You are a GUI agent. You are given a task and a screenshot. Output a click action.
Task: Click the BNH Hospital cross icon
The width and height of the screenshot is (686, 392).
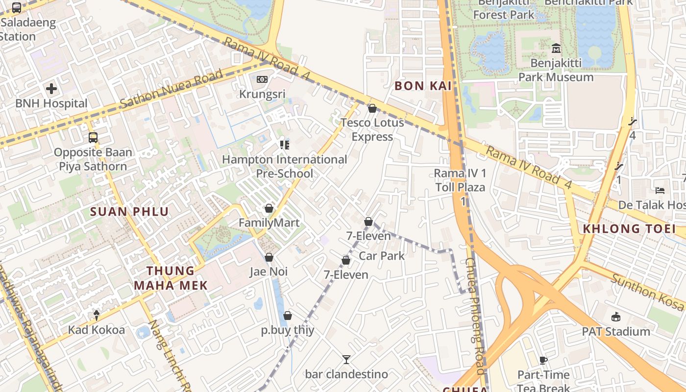pos(51,89)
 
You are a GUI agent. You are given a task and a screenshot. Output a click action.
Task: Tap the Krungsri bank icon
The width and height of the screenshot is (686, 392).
pos(262,79)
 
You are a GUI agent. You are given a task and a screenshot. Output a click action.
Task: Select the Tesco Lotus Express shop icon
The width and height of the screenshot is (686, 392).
pos(372,108)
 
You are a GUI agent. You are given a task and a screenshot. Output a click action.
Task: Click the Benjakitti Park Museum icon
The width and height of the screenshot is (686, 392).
pos(556,49)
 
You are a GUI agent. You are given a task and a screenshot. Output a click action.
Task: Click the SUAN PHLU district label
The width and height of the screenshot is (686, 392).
pos(130,212)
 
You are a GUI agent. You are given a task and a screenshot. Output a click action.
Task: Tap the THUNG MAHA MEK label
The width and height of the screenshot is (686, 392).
pos(171,278)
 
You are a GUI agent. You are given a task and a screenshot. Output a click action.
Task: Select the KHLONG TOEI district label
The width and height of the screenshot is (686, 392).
pos(629,228)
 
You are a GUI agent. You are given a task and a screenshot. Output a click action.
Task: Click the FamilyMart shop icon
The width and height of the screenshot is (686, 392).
pos(269,208)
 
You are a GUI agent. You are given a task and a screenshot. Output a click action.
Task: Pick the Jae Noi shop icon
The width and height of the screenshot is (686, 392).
pos(269,257)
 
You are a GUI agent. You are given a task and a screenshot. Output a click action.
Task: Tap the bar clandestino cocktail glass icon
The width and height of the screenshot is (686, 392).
pos(346,360)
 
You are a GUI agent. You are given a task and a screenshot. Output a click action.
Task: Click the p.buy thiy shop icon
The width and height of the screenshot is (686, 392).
pos(288,316)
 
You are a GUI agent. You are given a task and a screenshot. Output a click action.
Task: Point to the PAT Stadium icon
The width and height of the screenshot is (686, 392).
pos(616,317)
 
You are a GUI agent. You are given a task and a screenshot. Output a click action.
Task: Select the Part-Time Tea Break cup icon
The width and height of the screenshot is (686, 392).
pos(543,360)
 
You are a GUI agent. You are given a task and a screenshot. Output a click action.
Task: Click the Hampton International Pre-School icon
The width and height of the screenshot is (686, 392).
pos(284,145)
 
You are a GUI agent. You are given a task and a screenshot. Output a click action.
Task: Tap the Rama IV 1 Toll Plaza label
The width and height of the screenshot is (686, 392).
pos(460,180)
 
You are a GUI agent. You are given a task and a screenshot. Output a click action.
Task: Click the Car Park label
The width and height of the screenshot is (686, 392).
pos(382,256)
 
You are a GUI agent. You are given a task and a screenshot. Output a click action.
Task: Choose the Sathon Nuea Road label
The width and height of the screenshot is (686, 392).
pos(171,89)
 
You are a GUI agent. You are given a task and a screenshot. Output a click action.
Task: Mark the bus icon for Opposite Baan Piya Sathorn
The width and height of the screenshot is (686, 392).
pos(93,138)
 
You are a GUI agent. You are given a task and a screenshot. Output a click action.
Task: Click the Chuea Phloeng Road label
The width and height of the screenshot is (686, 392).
pos(475,316)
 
